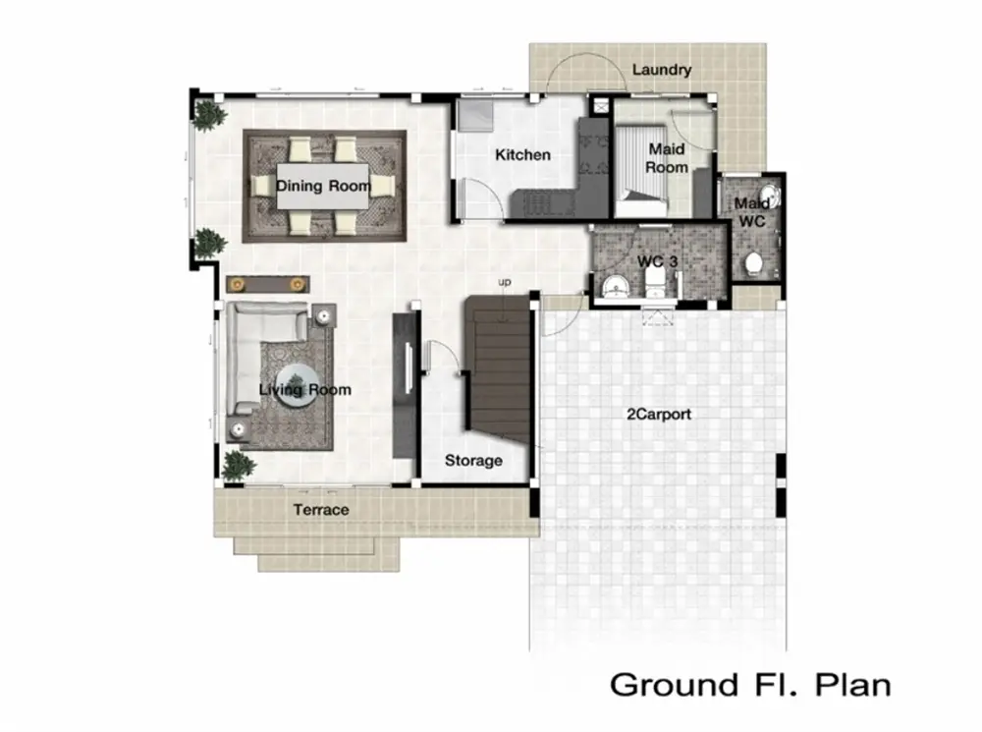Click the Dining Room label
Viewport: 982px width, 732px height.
pyautogui.click(x=323, y=186)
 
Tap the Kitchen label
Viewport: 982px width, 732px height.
pyautogui.click(x=523, y=155)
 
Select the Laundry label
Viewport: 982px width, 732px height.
pyautogui.click(x=661, y=70)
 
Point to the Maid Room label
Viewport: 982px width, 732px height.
pyautogui.click(x=667, y=158)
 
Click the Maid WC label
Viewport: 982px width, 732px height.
pyautogui.click(x=751, y=212)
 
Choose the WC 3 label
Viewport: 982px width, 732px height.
pyautogui.click(x=657, y=261)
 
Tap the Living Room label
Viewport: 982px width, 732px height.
pyautogui.click(x=305, y=390)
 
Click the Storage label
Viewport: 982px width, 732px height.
pyautogui.click(x=473, y=461)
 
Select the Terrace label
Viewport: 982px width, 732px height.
pyautogui.click(x=321, y=510)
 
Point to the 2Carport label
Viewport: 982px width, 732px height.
pyautogui.click(x=659, y=414)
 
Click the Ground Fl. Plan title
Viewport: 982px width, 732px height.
pyautogui.click(x=750, y=685)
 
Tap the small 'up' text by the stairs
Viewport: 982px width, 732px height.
pyautogui.click(x=504, y=283)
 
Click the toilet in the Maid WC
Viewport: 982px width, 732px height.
pyautogui.click(x=753, y=264)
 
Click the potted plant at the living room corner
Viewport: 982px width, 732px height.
pyautogui.click(x=239, y=465)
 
